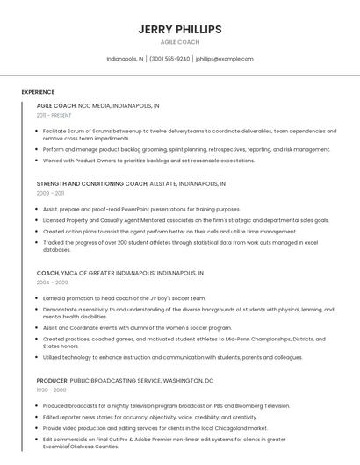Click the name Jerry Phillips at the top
180,29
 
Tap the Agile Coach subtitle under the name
180,42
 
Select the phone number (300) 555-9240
169,59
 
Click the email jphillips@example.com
224,59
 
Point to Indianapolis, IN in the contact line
125,59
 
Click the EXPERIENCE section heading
38,92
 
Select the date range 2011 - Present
54,115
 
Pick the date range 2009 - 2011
50,193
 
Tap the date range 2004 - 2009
52,283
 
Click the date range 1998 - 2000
51,390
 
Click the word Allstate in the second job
164,184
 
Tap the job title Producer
52,381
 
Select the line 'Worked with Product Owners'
148,161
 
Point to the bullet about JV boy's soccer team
124,298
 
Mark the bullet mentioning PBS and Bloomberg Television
166,406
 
